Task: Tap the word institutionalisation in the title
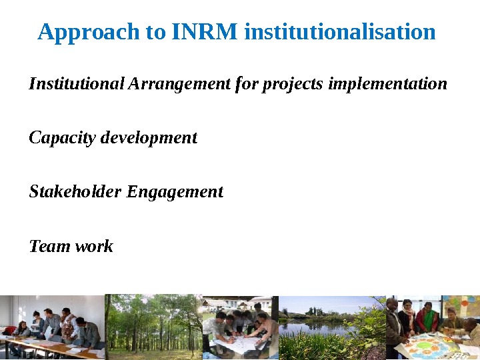click(x=340, y=31)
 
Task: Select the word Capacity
click(x=62, y=138)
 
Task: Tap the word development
click(x=148, y=138)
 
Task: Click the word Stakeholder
click(x=75, y=192)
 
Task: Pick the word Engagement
click(x=175, y=192)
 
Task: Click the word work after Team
click(x=94, y=247)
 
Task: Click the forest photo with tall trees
click(x=153, y=327)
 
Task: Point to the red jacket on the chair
click(x=9, y=330)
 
